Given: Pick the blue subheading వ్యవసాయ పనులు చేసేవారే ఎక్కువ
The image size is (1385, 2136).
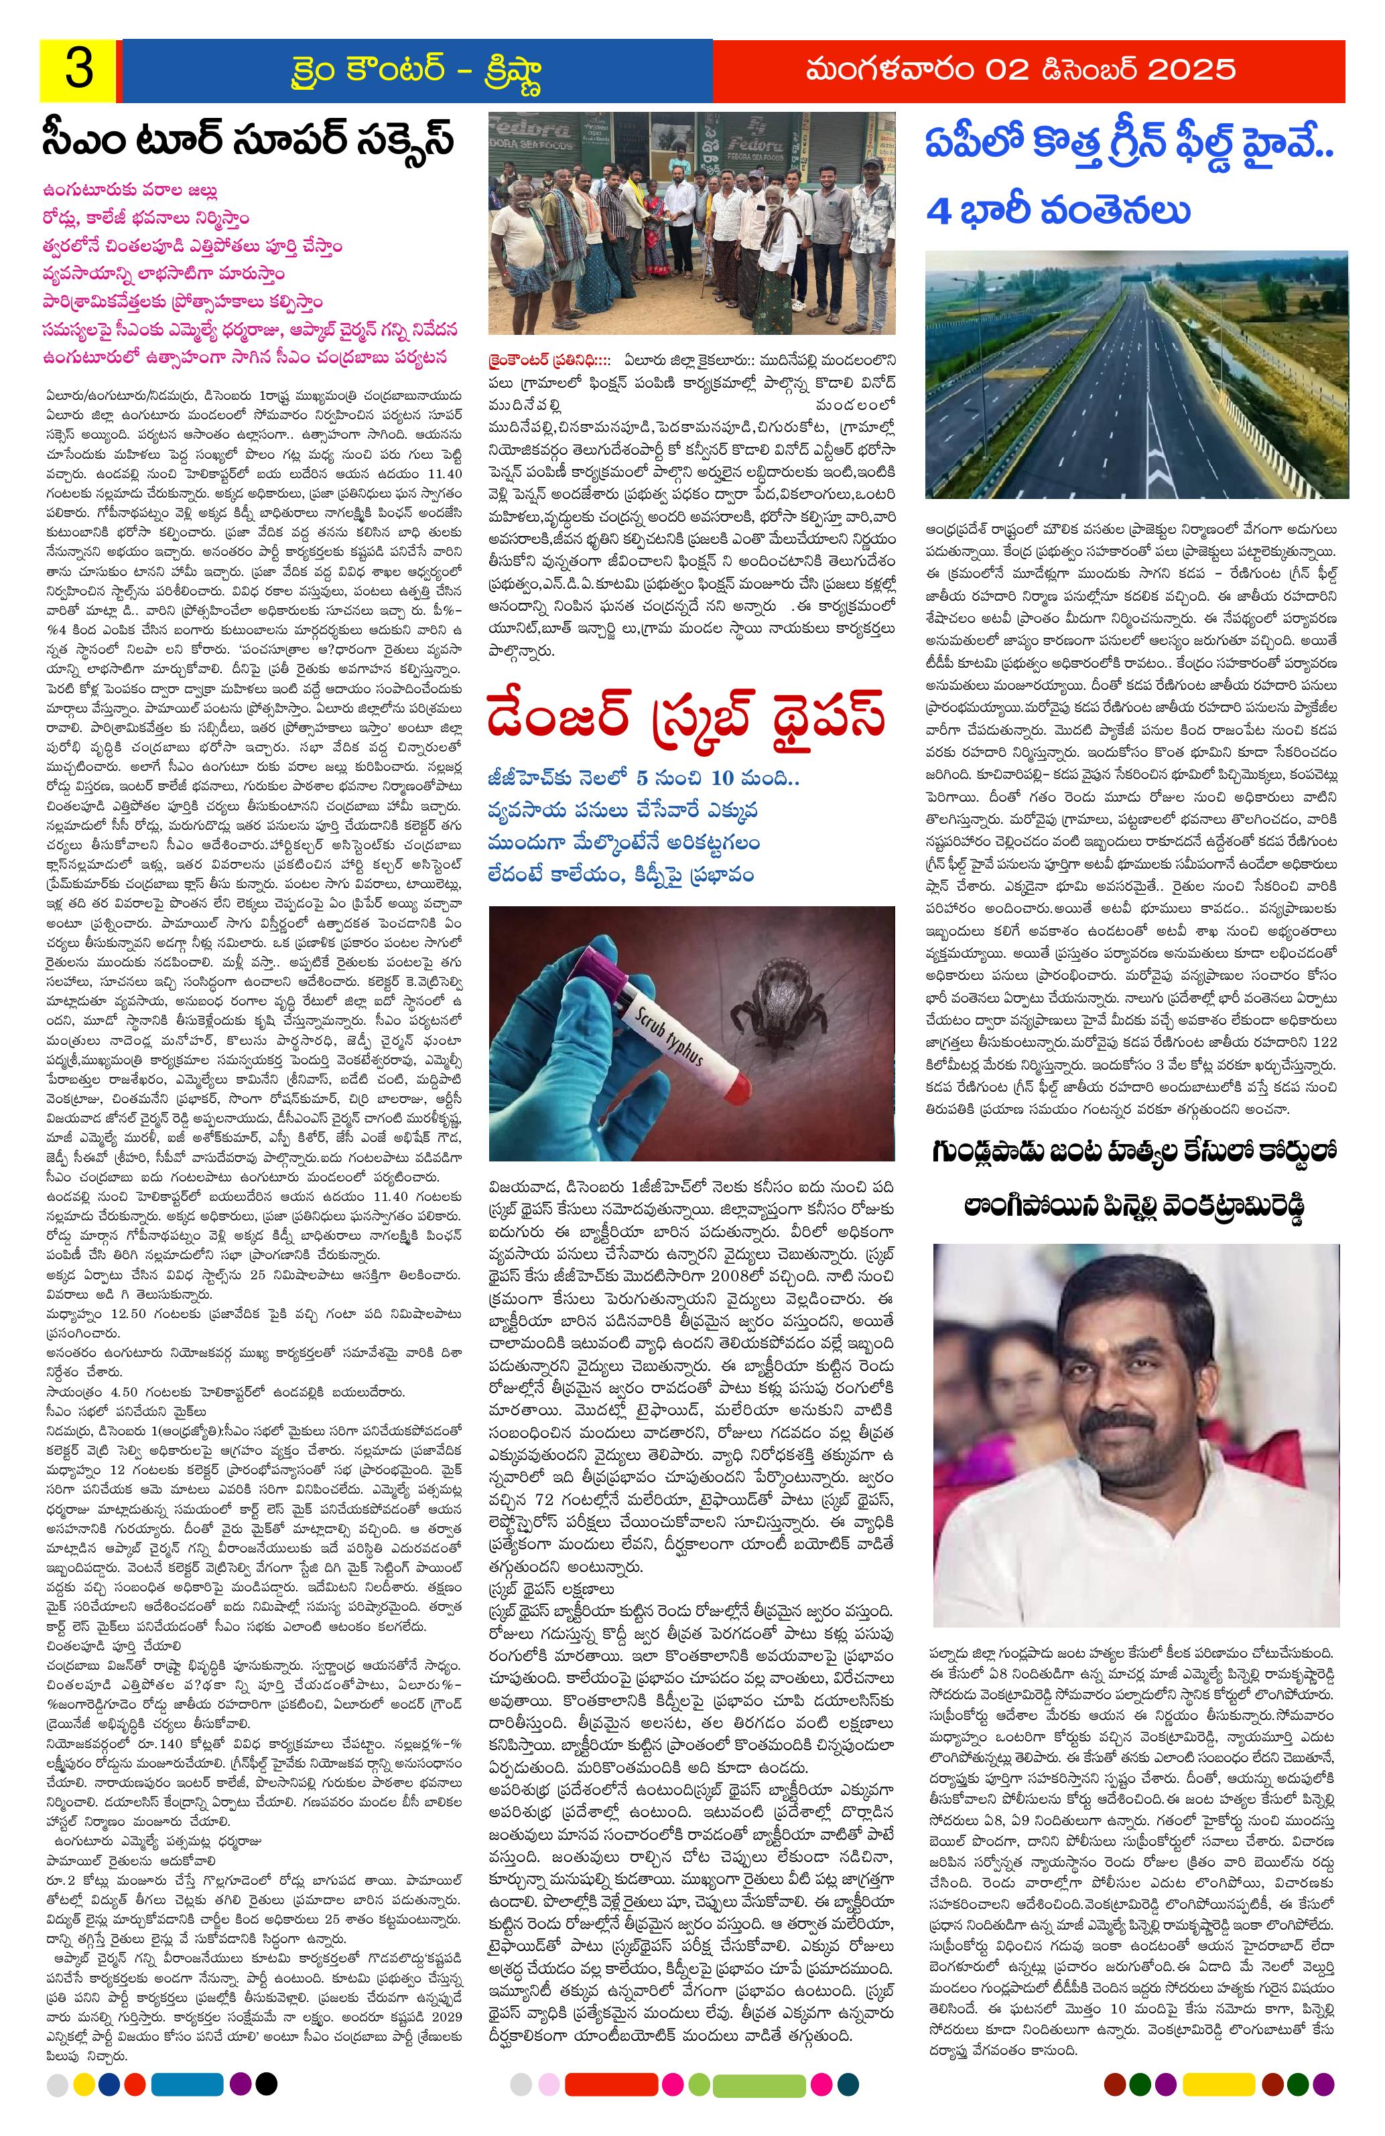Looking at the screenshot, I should (x=624, y=811).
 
